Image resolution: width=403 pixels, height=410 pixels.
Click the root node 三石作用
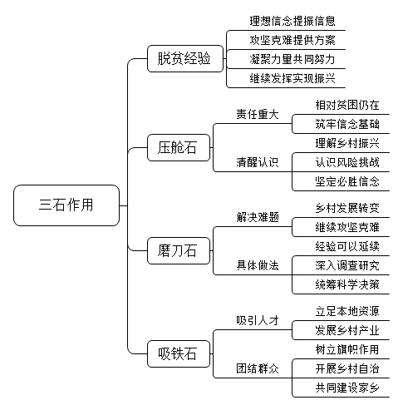66,205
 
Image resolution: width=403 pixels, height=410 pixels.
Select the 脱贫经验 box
185,59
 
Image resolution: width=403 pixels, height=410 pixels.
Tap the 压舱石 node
179,147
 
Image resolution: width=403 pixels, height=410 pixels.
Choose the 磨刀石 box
179,250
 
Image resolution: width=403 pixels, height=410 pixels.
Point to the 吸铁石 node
179,353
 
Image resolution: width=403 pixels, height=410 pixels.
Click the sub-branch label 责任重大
258,114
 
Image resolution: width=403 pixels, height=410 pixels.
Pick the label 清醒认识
258,162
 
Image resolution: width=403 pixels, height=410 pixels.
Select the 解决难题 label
258,217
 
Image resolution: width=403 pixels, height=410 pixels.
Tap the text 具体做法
258,265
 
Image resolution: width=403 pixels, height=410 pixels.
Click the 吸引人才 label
258,320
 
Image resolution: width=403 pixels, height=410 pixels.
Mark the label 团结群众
258,368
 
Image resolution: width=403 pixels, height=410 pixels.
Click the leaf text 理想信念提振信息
292,21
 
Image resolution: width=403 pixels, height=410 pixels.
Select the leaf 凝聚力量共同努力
292,59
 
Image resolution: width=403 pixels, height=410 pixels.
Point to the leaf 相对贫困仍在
347,105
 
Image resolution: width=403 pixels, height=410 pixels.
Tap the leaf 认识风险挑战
347,162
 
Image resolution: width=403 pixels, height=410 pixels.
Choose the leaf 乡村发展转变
347,208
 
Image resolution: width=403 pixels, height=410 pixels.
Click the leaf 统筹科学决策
347,284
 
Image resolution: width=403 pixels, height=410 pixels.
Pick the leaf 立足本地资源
347,311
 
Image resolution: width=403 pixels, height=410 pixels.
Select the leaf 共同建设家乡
347,388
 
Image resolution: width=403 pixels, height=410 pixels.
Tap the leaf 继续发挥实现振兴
292,78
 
